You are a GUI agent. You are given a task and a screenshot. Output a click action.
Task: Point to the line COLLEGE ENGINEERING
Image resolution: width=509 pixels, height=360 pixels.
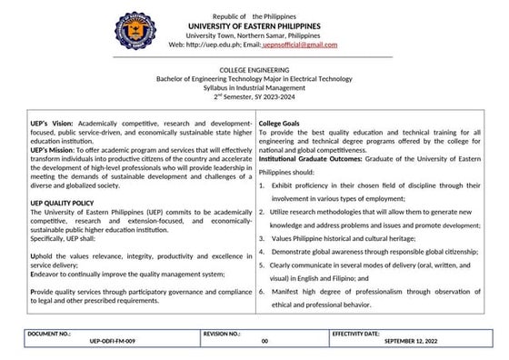point(254,70)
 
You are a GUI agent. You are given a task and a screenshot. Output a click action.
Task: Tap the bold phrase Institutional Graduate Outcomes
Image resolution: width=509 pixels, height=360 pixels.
point(314,147)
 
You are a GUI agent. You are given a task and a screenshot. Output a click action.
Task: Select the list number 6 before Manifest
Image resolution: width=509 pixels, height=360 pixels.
point(262,291)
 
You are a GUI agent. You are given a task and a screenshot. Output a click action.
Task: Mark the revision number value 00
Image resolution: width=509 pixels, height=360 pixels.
point(264,343)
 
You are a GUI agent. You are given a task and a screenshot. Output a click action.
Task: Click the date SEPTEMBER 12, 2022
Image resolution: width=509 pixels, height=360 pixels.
point(413,343)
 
